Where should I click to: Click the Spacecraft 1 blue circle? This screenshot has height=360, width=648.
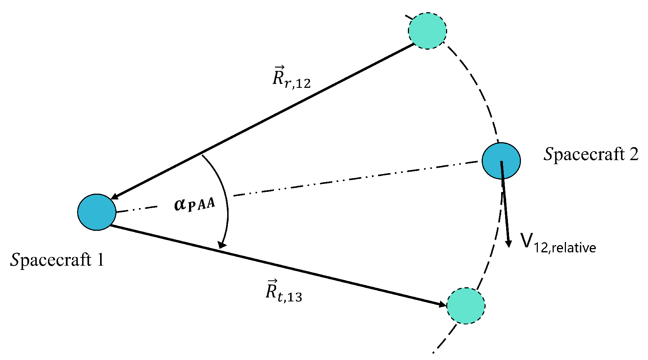coord(96,212)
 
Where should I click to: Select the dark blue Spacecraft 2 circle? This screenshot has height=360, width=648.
coord(501,161)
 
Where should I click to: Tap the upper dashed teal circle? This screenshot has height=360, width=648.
coord(427,31)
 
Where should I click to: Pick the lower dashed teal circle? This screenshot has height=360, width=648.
coord(466,306)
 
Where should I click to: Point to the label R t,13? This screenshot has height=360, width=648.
coord(284,291)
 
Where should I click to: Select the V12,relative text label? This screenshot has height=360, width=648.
coord(558,243)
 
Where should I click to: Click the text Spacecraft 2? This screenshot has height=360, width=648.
coord(591,154)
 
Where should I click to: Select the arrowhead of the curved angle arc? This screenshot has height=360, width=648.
coord(222,244)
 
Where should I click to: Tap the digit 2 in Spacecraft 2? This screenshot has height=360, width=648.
coord(633,154)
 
